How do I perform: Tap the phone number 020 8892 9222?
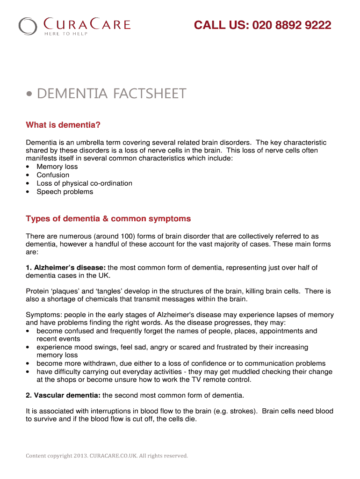point(292,25)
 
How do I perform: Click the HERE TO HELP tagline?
point(65,33)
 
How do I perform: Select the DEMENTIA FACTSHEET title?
point(111,94)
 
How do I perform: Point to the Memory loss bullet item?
point(57,167)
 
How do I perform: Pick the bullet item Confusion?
point(53,175)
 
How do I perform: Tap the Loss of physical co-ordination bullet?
point(84,183)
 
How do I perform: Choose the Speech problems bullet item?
point(65,192)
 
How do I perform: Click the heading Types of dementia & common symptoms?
point(108,218)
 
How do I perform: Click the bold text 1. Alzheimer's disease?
point(66,268)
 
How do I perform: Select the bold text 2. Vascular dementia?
point(63,395)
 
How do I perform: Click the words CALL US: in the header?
point(221,25)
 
